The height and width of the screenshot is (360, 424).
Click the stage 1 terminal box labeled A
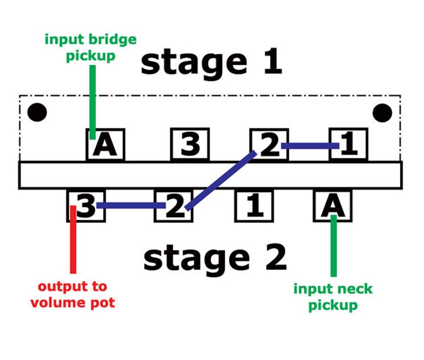[x=105, y=144]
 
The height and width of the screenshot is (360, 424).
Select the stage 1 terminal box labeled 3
[x=190, y=144]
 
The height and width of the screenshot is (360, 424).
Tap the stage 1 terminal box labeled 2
[x=269, y=144]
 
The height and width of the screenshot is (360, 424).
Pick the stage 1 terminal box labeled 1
[x=349, y=144]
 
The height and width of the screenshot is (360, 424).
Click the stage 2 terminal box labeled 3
[x=86, y=206]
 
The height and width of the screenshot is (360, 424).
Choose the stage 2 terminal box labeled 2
[x=174, y=206]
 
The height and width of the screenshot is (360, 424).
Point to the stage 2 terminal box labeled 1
[x=254, y=206]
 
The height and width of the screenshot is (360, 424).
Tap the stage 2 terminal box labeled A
[x=333, y=206]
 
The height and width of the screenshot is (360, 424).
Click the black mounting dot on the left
[x=37, y=112]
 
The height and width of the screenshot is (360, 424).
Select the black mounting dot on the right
[x=382, y=112]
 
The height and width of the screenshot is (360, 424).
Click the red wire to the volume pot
[x=73, y=239]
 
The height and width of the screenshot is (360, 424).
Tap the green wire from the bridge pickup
[x=92, y=102]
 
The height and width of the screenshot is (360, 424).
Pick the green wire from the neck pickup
[x=334, y=246]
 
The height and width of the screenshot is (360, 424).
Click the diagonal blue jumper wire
[x=221, y=180]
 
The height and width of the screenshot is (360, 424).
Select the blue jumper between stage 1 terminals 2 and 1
[x=310, y=146]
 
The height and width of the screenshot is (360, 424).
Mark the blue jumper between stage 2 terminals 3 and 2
[x=131, y=205]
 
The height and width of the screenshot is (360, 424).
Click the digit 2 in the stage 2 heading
[x=276, y=257]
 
